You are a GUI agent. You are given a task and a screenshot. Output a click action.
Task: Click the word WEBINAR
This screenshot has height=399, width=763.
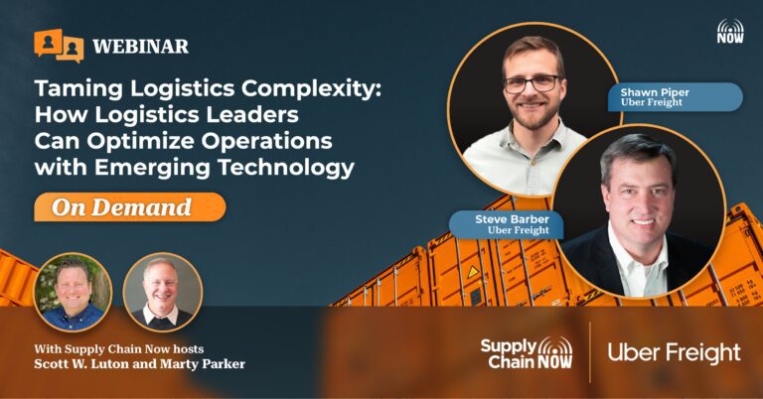click(141, 47)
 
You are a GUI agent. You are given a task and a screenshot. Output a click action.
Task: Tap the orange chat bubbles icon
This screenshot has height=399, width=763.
click(59, 46)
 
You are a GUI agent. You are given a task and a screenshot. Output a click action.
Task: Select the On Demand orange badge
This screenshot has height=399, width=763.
click(129, 207)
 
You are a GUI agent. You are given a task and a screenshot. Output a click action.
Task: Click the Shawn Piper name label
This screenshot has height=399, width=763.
click(676, 97)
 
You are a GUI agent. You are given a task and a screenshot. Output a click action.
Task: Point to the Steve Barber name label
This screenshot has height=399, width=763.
click(506, 224)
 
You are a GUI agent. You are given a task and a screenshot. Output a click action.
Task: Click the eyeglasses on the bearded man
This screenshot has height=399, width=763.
click(532, 84)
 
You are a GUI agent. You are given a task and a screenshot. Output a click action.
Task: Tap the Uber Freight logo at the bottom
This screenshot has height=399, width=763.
click(674, 353)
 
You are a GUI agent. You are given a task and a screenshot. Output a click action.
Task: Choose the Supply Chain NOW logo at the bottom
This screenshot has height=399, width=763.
click(527, 353)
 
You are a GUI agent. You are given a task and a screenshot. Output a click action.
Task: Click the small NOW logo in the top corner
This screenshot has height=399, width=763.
click(730, 31)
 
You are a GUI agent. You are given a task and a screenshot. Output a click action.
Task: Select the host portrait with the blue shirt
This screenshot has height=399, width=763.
click(73, 292)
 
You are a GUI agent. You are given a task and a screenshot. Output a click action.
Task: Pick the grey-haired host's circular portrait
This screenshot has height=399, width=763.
click(163, 292)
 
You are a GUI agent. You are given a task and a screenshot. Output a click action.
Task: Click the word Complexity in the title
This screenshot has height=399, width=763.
click(311, 89)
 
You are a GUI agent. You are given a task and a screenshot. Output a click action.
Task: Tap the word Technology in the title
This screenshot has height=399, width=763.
click(286, 167)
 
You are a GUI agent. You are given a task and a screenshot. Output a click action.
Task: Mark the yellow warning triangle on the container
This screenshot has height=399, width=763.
click(473, 272)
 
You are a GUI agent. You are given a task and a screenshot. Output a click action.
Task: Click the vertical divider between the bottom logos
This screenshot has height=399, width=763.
click(590, 352)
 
